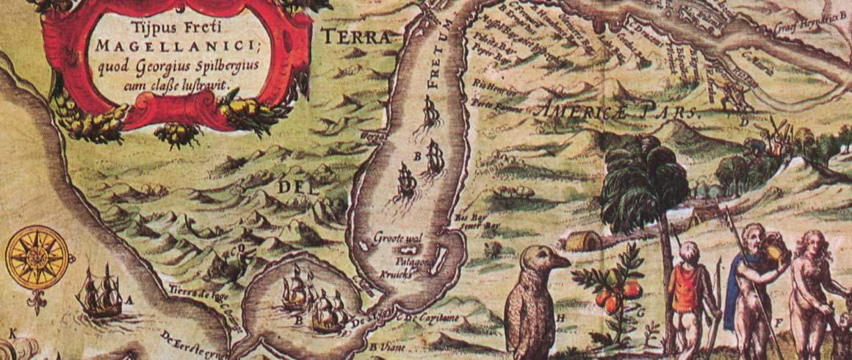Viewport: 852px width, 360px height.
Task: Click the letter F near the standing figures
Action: [778, 320]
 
